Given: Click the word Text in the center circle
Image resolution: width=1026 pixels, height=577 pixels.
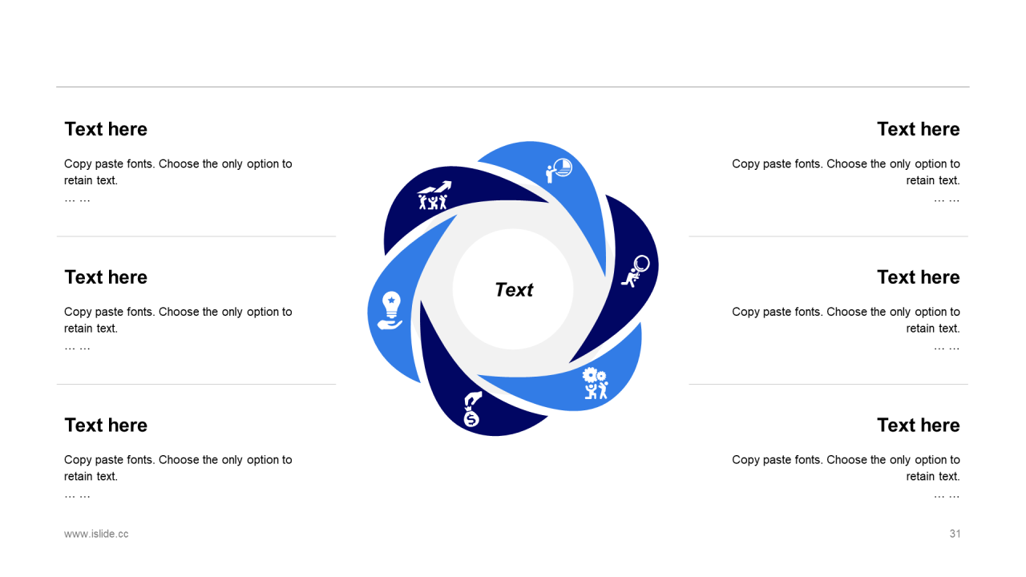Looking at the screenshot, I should click(x=514, y=290).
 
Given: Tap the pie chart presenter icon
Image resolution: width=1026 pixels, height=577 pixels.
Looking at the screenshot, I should click(x=559, y=169).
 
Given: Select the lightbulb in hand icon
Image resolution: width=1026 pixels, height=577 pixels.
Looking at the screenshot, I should click(x=390, y=310).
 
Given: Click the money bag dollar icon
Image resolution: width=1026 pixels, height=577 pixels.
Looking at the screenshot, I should click(x=471, y=410).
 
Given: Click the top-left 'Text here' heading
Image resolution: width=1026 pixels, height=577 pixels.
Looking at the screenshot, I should click(x=106, y=129).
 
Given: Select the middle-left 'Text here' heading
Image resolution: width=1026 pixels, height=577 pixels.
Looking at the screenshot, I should click(x=106, y=277).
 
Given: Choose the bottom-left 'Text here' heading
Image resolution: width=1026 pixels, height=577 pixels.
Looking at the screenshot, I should click(x=106, y=426).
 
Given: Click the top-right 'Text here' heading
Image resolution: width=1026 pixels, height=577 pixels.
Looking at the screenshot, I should click(x=918, y=129).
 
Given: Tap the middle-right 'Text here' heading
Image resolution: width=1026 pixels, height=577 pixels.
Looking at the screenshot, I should click(x=918, y=277).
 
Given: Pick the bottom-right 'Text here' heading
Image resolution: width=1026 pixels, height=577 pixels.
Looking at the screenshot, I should click(x=918, y=426).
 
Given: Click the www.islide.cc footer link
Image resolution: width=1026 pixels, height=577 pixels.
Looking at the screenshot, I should click(x=96, y=534).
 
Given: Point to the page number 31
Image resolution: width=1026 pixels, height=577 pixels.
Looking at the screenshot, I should click(x=955, y=534).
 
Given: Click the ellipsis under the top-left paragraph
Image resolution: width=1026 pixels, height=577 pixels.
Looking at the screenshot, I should click(x=77, y=199).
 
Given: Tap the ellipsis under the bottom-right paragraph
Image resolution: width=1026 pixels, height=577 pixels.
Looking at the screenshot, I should click(x=947, y=495).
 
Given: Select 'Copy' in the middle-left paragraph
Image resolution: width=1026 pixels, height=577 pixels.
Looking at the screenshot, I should click(x=79, y=312).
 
